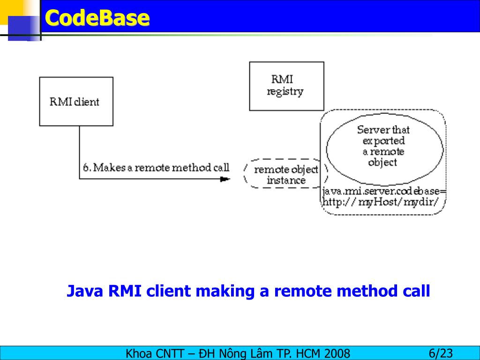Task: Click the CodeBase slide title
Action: click(x=97, y=18)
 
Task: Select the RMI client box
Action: click(x=76, y=101)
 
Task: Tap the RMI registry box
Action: click(x=286, y=86)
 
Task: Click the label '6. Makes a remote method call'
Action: click(x=156, y=167)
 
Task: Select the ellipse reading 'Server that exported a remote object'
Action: click(x=384, y=146)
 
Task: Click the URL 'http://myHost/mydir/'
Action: click(x=380, y=202)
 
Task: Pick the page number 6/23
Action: click(x=440, y=353)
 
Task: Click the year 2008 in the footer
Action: click(x=337, y=353)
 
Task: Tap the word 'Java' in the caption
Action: click(x=85, y=291)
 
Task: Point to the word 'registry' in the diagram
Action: click(x=285, y=91)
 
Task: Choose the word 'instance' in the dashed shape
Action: click(x=286, y=180)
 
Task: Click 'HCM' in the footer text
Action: click(x=309, y=353)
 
